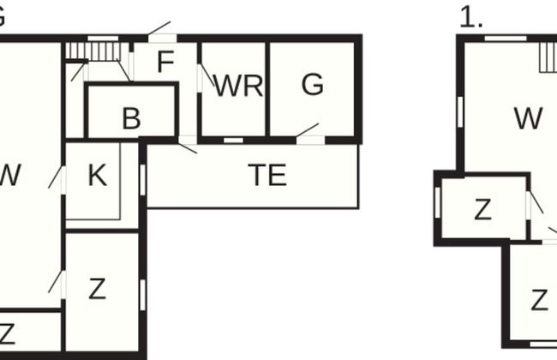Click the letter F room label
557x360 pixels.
click(165, 63)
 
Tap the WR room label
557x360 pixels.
click(237, 86)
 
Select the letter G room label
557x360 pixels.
click(313, 84)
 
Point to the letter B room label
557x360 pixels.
click(131, 119)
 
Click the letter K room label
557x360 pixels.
click(97, 176)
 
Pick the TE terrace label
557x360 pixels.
click(267, 176)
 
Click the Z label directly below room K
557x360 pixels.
click(97, 289)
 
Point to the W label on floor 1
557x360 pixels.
click(529, 118)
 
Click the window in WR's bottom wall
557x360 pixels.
click(233, 139)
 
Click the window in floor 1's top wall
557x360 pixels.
click(506, 38)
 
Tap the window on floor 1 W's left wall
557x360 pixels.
click(460, 110)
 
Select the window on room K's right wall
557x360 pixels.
click(142, 179)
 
